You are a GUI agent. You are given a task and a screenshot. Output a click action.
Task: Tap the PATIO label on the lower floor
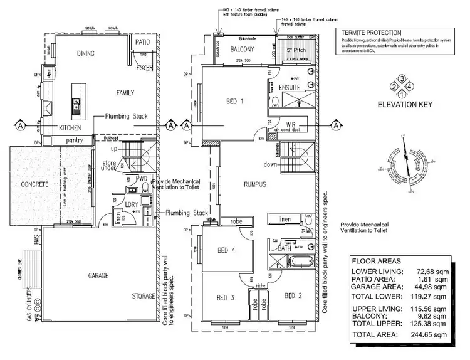pos(142,42)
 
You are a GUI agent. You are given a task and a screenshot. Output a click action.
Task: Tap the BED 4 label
pos(226,251)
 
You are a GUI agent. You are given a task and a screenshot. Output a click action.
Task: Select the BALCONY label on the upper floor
pos(242,48)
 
